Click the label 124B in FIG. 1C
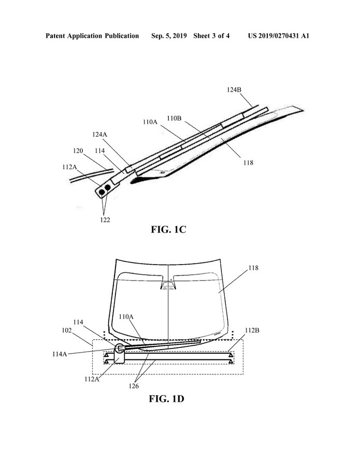pos(234,89)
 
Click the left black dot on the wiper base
pos(102,192)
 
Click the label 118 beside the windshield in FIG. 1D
pos(254,268)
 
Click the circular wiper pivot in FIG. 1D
pos(120,348)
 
